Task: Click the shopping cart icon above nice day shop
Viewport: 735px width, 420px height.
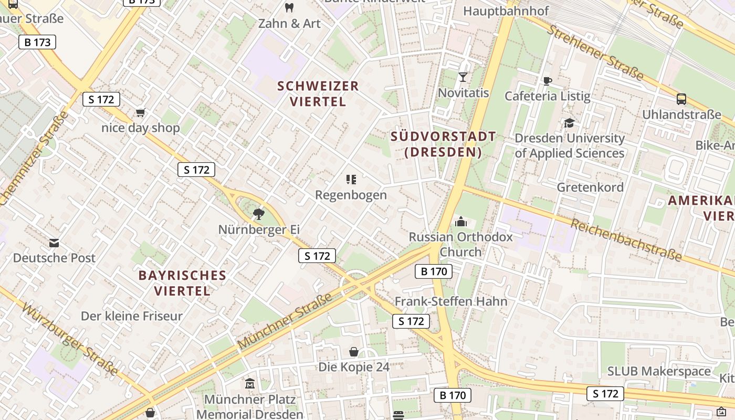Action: click(x=140, y=112)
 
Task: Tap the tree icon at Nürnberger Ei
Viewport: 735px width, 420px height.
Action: click(x=258, y=214)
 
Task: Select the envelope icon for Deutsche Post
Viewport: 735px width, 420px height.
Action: click(x=54, y=243)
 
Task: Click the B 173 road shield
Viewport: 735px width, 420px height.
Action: click(x=37, y=42)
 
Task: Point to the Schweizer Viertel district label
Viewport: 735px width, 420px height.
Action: click(x=318, y=93)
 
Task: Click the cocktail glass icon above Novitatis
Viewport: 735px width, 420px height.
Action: click(x=463, y=77)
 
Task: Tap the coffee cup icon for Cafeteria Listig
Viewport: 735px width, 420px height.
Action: click(x=547, y=80)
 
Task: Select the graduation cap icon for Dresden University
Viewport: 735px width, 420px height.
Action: click(x=569, y=123)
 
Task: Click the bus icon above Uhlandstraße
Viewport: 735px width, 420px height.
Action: click(x=681, y=99)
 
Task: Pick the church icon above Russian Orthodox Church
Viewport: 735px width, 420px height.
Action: click(x=461, y=222)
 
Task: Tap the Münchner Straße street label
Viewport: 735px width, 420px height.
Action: click(x=285, y=321)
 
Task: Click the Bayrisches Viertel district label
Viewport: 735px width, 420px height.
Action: click(x=182, y=282)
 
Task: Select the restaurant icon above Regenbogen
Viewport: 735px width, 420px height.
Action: click(x=351, y=180)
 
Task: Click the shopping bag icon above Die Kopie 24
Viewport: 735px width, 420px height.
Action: click(x=354, y=351)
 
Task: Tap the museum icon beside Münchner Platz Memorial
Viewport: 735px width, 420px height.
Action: click(x=250, y=384)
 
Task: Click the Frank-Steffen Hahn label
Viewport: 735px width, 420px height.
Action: click(x=451, y=301)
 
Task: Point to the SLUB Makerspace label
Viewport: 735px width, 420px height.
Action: click(x=659, y=371)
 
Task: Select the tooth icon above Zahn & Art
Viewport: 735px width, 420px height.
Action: click(x=288, y=7)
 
